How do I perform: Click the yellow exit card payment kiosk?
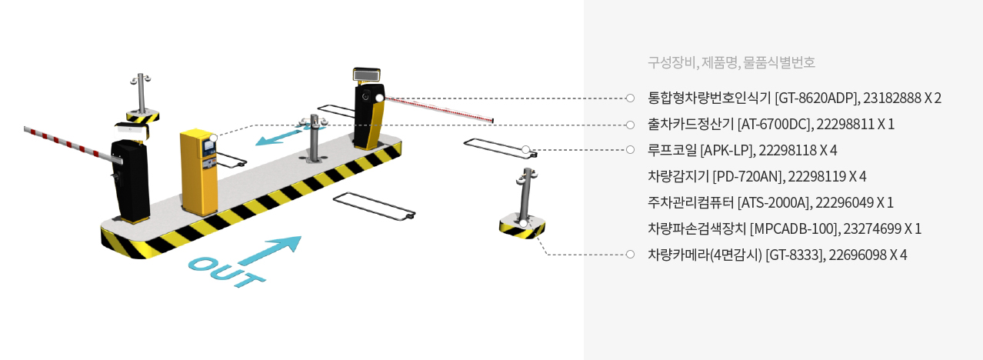point(198,172)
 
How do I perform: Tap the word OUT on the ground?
point(226,272)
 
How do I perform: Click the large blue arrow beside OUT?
point(270,250)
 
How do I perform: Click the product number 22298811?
point(845,125)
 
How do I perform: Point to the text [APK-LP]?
point(728,151)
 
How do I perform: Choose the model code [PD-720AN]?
point(748,176)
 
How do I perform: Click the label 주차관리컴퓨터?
point(691,202)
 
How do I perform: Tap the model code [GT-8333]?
point(795,255)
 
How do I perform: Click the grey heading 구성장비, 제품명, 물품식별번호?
point(731,62)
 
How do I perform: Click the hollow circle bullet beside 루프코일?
point(630,150)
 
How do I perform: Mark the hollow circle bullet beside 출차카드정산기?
point(630,125)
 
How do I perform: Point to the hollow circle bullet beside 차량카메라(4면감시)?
point(630,254)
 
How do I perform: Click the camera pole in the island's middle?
point(314,138)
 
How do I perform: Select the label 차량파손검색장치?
point(697,228)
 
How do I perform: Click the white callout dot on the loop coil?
point(526,150)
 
